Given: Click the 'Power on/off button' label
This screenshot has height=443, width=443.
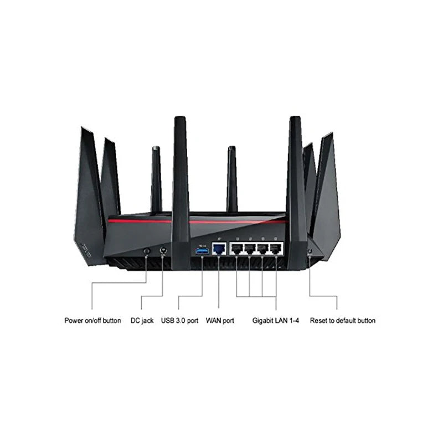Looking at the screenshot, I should (92, 321).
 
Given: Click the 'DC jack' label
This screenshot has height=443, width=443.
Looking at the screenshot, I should (142, 321).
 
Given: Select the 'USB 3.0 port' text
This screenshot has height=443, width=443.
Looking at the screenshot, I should (179, 321).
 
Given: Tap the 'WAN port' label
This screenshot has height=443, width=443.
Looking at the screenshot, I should (220, 321).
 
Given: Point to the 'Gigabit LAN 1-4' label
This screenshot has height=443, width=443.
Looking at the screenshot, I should (275, 321).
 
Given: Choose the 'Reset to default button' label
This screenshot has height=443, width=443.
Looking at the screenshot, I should (342, 321).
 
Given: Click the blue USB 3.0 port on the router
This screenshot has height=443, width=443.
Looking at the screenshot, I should (202, 251).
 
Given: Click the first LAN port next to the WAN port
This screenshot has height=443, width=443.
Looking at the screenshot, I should (236, 249).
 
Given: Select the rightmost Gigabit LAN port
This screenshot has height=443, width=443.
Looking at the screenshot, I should (276, 249).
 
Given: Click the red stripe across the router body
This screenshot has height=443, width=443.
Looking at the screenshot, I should (144, 221).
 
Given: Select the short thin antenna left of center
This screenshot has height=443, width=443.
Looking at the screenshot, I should (156, 177).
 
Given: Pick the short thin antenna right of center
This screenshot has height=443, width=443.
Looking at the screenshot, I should (231, 177).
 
